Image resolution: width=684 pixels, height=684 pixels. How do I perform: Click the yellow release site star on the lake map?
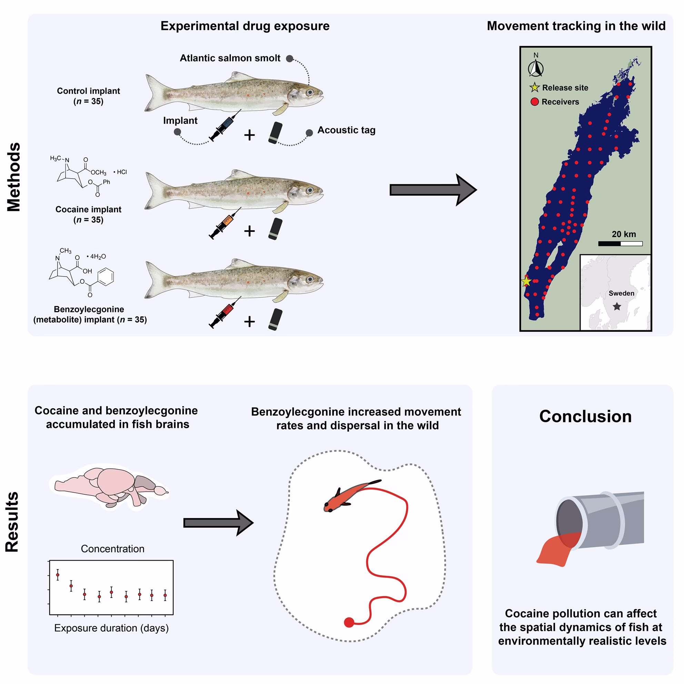coord(526,281)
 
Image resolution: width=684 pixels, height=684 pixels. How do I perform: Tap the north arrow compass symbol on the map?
coord(536,68)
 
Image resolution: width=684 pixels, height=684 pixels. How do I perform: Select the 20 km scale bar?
coord(620,244)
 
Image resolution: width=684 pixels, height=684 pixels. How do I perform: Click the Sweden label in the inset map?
coord(621,293)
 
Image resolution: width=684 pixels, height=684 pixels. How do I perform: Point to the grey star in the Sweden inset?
coord(617,306)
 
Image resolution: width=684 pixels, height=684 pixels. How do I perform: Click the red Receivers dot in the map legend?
coord(535,102)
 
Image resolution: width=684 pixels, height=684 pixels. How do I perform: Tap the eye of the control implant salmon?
coord(310,92)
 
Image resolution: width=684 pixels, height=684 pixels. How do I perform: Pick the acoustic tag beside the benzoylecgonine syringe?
coord(275,319)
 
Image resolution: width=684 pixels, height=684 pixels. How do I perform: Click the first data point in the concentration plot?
coord(58,575)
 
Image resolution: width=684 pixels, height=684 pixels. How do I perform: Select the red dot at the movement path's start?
coord(349,622)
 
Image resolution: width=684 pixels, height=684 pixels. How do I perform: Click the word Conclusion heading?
coord(585,416)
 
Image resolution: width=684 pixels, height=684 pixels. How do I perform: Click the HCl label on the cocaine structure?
coord(120,172)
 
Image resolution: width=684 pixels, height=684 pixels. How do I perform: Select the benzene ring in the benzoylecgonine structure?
coord(105,276)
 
